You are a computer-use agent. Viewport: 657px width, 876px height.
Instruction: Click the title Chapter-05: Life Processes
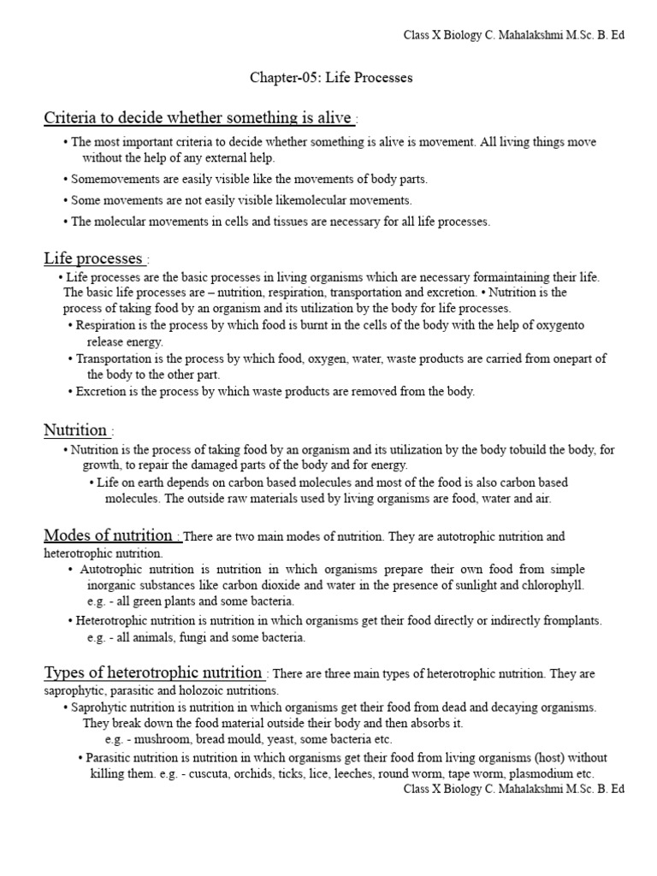[330, 78]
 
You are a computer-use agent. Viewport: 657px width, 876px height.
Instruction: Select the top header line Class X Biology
[513, 35]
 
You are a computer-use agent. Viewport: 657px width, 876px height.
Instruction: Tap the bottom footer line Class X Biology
[513, 788]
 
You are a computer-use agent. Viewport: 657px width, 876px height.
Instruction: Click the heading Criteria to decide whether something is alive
[198, 117]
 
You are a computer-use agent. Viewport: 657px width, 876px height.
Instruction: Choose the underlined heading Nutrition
[76, 429]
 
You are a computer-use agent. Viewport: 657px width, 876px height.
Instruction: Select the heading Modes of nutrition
[109, 536]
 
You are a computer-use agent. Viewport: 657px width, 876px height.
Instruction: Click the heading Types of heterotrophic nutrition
[153, 672]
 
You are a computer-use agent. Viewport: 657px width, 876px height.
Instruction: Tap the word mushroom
[158, 738]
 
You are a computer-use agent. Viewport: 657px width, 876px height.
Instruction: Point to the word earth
[147, 482]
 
